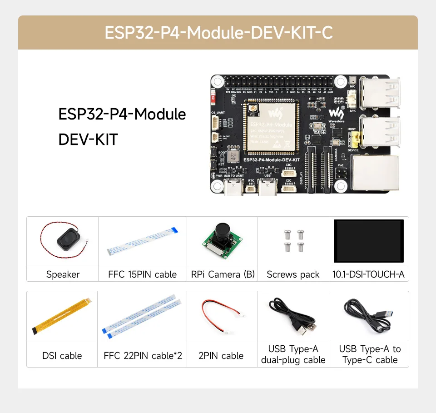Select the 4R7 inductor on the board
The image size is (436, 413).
point(233,157)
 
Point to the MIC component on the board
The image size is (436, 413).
point(353,80)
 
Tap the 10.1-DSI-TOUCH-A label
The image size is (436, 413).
point(369,274)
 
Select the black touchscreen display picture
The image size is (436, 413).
point(369,241)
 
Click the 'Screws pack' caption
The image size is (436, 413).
point(293,274)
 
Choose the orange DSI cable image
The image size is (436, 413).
point(63,317)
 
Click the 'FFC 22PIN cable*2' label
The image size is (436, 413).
point(143,356)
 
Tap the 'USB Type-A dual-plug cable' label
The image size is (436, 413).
point(293,354)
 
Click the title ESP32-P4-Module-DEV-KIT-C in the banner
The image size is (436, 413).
point(218,33)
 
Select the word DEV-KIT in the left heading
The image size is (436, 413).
point(88,139)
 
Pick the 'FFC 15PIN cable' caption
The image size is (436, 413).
point(142,274)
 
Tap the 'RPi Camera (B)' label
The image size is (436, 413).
point(223,274)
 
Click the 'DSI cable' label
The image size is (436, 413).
point(62,356)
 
